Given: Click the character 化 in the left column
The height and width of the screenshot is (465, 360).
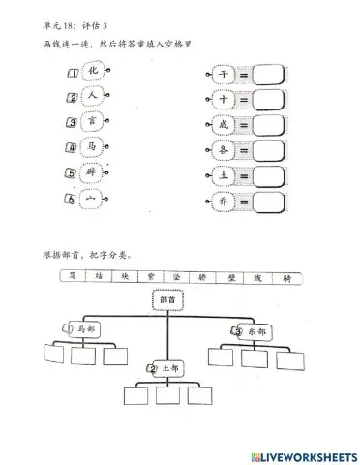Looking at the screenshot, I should [x=93, y=71].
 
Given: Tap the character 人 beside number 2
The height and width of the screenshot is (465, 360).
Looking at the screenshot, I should [x=92, y=96].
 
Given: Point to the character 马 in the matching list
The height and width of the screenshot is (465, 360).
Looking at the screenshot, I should [x=92, y=147].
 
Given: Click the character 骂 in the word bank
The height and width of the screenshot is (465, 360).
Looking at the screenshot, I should [x=76, y=277].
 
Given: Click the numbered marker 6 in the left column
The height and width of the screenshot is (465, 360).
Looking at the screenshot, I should [x=73, y=199].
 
